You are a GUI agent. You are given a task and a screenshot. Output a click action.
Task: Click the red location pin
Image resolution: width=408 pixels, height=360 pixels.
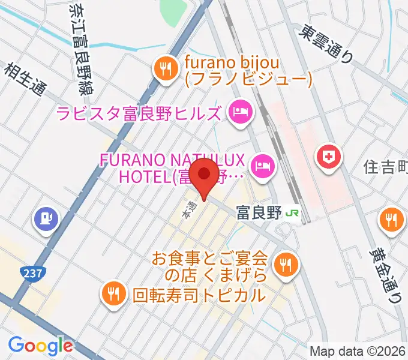[x=204, y=175]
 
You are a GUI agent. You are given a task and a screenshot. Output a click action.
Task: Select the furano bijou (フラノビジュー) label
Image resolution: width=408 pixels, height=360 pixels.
[x=248, y=70]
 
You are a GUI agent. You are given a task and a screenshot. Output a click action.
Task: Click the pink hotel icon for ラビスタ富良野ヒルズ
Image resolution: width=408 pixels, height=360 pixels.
[x=239, y=111]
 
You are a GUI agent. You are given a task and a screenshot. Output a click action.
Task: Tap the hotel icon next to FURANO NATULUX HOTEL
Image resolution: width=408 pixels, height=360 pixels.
[x=262, y=163]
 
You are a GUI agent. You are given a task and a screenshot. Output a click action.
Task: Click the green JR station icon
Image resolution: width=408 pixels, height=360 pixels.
[x=293, y=213]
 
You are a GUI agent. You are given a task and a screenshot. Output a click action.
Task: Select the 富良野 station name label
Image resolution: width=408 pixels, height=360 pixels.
[x=259, y=213]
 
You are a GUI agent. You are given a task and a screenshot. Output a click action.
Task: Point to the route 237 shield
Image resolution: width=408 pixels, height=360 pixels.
[x=34, y=274]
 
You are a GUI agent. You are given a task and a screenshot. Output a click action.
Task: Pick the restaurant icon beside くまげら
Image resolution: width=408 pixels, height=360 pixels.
[x=283, y=263]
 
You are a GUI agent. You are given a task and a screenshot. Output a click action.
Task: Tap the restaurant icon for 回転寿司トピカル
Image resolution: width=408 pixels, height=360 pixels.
[x=113, y=293]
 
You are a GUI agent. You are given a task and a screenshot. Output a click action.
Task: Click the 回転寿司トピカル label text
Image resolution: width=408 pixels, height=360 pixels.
[x=198, y=295]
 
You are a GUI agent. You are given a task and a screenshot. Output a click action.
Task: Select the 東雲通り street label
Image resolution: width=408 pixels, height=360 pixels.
[x=329, y=44]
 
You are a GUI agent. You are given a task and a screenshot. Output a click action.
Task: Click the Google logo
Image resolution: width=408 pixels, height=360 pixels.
[x=40, y=346]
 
